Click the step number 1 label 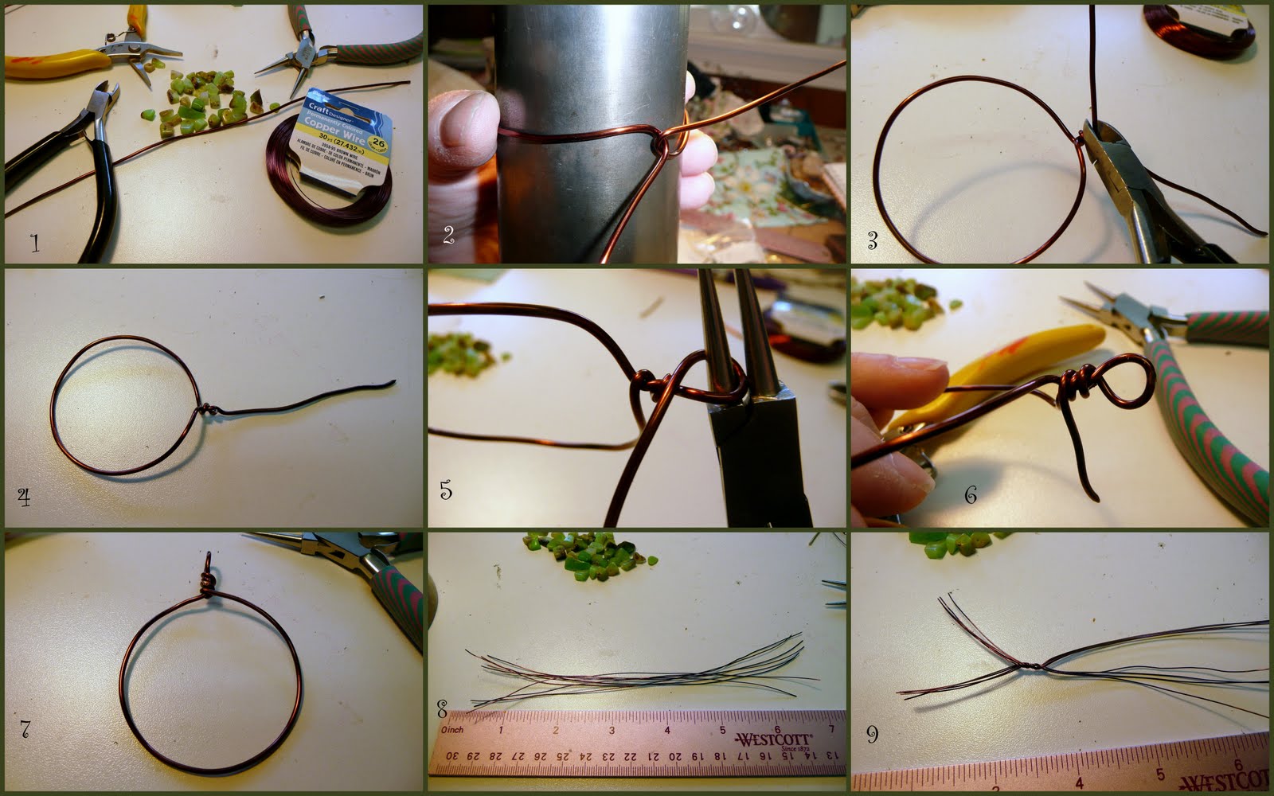[x=34, y=243]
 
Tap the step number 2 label [x=448, y=235]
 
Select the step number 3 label [x=872, y=240]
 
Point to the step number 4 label [x=24, y=497]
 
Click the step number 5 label [x=446, y=490]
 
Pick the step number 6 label [x=970, y=494]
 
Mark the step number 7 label [x=25, y=728]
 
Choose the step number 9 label [x=872, y=734]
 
